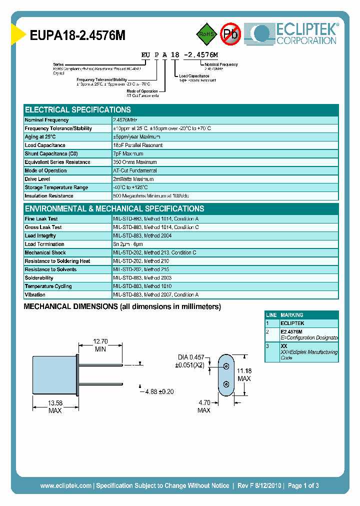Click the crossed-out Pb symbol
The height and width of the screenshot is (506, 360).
click(x=230, y=34)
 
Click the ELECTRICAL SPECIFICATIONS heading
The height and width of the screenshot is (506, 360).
click(x=78, y=109)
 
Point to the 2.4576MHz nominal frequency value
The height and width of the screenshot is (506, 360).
click(x=125, y=120)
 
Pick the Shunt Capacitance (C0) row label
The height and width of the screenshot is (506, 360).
click(x=51, y=154)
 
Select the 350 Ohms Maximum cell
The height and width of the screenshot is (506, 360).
click(x=135, y=162)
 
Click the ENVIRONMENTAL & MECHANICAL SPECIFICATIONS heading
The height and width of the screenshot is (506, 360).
click(x=114, y=208)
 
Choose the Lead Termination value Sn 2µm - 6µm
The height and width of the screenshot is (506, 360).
click(x=131, y=244)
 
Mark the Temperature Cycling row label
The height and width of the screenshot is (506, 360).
click(x=48, y=286)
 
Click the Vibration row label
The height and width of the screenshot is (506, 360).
click(x=35, y=295)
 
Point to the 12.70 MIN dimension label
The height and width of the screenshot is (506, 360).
click(x=100, y=345)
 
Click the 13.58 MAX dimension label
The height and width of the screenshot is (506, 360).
click(x=55, y=406)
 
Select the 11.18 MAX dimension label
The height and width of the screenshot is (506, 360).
click(x=244, y=374)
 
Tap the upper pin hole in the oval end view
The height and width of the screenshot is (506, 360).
click(x=226, y=366)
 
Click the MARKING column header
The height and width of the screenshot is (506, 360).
click(x=292, y=315)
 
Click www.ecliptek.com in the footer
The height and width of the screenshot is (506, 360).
click(x=65, y=485)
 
